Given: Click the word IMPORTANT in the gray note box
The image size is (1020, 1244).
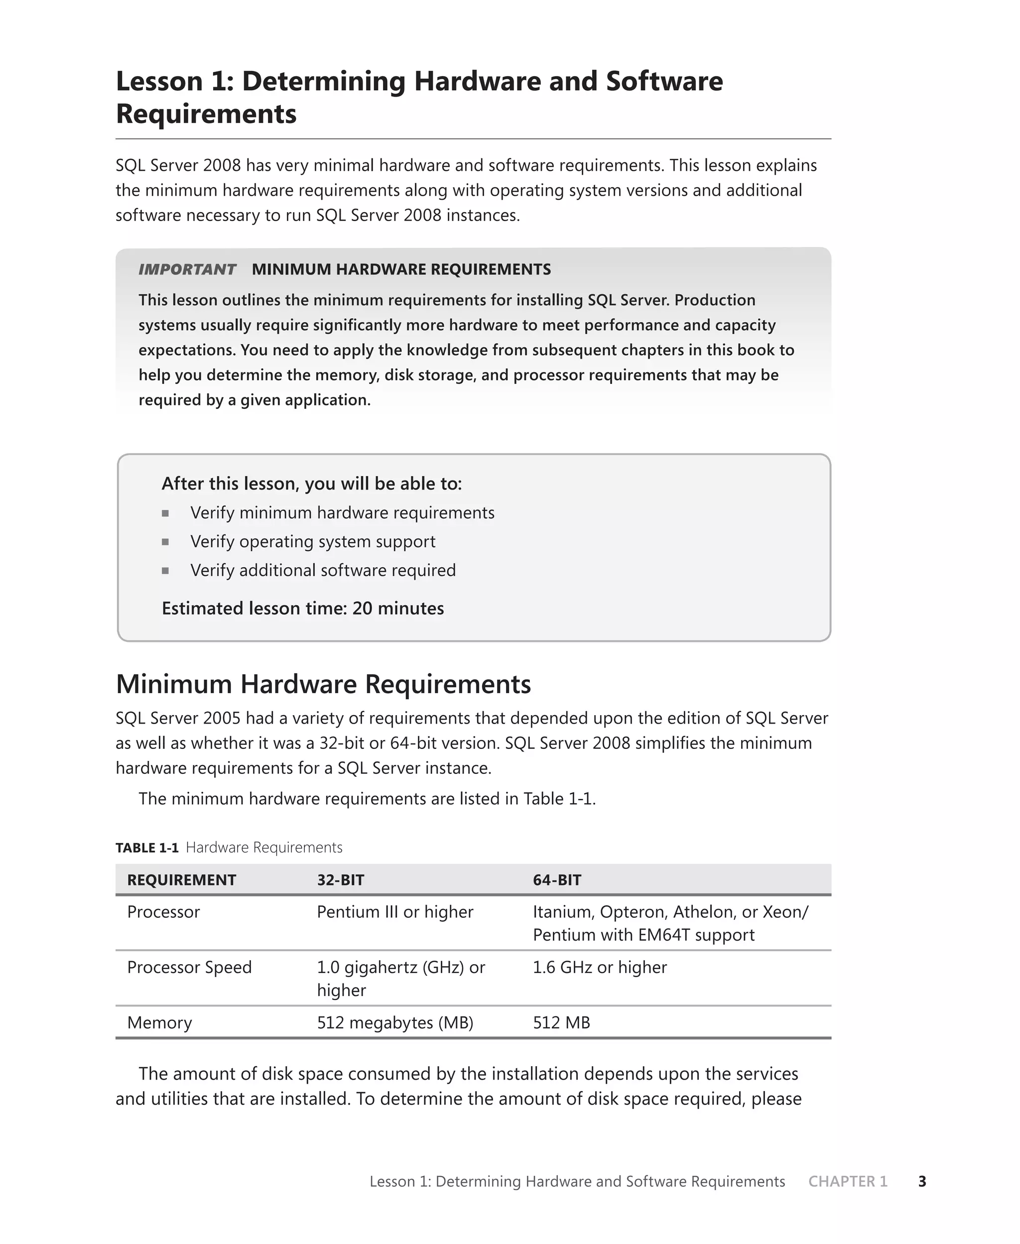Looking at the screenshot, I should tap(187, 269).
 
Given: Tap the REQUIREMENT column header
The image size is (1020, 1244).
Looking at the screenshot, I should tap(182, 880).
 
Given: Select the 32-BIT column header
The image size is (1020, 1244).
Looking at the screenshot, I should tap(341, 880).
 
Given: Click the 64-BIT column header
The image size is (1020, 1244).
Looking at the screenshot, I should tap(557, 880).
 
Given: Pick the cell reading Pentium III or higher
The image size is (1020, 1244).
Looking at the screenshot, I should tap(395, 912).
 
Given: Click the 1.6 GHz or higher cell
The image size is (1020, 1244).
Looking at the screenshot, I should tap(599, 967).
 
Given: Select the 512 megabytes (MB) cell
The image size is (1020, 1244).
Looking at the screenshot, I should tap(395, 1022).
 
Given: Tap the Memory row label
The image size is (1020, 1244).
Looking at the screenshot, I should tap(160, 1022).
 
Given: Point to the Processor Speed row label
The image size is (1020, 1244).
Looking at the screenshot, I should tap(189, 967).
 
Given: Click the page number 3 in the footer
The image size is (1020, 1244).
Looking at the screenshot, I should tap(922, 1181).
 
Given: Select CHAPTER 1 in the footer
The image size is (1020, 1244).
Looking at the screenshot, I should tap(847, 1181).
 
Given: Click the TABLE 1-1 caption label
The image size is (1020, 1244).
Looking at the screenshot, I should tap(147, 848).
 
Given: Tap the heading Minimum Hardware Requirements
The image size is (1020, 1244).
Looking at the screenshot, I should tap(323, 684).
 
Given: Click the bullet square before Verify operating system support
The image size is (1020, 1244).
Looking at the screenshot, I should tap(166, 541).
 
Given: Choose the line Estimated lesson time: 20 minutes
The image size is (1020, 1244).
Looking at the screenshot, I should tap(303, 608).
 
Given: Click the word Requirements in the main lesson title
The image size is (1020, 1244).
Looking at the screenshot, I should tap(206, 114).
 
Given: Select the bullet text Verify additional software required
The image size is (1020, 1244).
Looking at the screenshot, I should tap(323, 570).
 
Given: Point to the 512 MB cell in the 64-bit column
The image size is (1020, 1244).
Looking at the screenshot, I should tap(561, 1022).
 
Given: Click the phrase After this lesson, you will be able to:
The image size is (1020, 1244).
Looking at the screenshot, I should tap(311, 484).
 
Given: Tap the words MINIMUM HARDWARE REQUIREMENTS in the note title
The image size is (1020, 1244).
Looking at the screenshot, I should tap(401, 269).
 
